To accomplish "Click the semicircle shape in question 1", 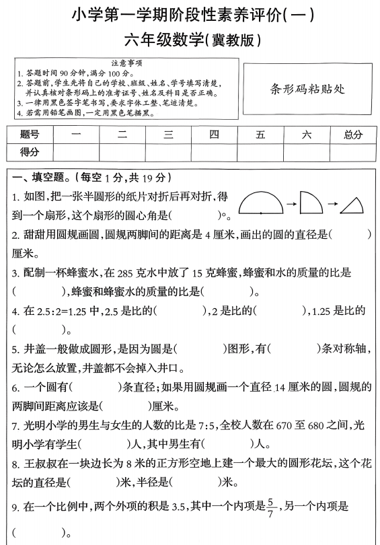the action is (261, 203).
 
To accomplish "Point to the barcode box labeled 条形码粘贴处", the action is (307, 87).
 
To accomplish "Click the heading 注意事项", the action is (124, 62).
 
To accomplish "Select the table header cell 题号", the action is (30, 135).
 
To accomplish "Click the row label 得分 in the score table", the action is (30, 152).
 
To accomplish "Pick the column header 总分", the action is (352, 135).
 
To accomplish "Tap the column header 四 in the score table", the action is (214, 135).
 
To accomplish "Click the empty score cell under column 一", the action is (75, 152).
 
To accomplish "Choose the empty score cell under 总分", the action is (352, 152).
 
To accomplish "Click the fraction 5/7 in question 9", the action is (271, 507).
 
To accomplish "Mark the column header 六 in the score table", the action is (307, 135).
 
